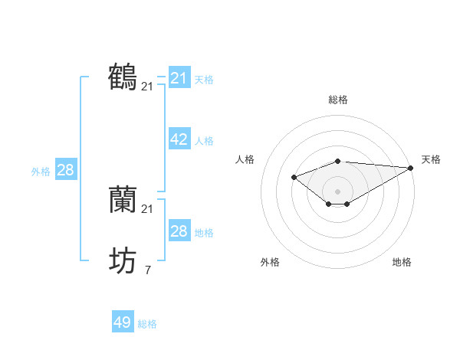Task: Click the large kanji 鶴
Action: click(x=123, y=77)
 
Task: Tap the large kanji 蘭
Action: click(x=123, y=200)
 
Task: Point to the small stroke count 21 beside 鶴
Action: click(x=147, y=87)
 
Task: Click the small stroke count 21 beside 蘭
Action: click(x=147, y=209)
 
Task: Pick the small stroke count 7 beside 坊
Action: click(x=147, y=270)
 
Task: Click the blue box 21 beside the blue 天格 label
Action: click(x=179, y=78)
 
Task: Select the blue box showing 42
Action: click(x=179, y=139)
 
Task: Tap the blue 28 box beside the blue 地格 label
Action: click(x=179, y=231)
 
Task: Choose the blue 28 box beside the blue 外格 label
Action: click(x=65, y=170)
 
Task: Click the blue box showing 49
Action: click(x=123, y=322)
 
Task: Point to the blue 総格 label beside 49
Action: click(x=147, y=324)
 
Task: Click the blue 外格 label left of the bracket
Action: click(x=41, y=172)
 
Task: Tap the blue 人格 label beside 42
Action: click(x=204, y=141)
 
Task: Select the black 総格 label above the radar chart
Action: click(x=337, y=100)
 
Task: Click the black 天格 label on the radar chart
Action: click(x=431, y=159)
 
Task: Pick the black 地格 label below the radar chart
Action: click(x=402, y=262)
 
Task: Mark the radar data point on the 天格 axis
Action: click(x=412, y=168)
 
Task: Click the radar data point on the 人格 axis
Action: click(x=294, y=178)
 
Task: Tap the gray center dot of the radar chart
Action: click(x=337, y=191)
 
